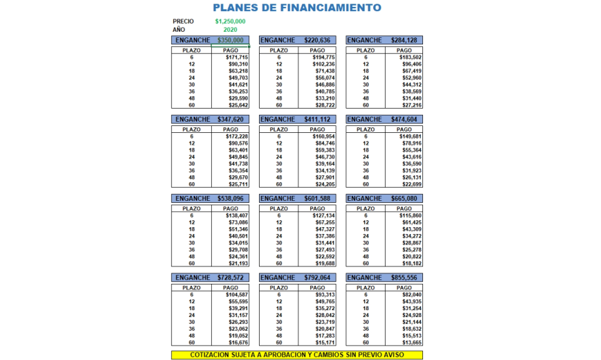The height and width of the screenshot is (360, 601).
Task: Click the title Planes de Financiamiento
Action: tap(296, 8)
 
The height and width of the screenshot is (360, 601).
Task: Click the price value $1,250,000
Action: tap(230, 21)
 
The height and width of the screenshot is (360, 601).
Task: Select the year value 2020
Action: tap(231, 30)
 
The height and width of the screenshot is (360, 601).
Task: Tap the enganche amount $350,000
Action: tap(231, 40)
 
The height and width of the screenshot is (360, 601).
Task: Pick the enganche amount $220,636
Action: tap(317, 40)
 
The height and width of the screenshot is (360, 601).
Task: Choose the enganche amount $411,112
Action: tap(317, 119)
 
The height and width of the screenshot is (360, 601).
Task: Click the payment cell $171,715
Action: tap(236, 57)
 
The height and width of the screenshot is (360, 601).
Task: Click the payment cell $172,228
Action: tap(236, 136)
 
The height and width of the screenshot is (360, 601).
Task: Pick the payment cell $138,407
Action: tap(236, 215)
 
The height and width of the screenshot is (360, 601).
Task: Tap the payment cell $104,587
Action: tap(236, 295)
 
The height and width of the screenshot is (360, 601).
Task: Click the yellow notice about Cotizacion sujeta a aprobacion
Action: tap(296, 355)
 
